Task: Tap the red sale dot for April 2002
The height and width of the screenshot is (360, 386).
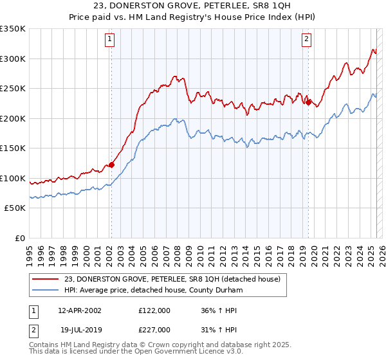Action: (111, 165)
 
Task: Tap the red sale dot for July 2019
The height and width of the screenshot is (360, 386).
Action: (308, 102)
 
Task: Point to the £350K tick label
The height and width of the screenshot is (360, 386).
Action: (12, 29)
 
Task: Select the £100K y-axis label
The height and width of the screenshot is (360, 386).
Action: (12, 178)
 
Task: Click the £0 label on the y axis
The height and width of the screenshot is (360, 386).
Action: (19, 238)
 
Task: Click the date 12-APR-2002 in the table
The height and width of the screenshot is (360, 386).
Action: (79, 310)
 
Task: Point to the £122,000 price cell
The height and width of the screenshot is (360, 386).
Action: (154, 310)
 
